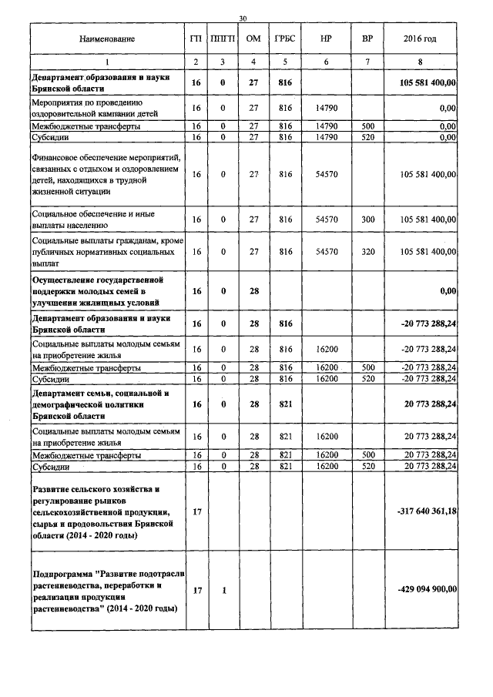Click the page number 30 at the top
tap(243, 18)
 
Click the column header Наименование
tap(106, 39)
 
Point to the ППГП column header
tap(223, 39)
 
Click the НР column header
tap(326, 39)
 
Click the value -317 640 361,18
tap(424, 511)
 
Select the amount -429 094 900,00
tap(426, 589)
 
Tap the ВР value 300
tap(367, 219)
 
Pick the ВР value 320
tap(367, 251)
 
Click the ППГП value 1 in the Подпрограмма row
tap(223, 590)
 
